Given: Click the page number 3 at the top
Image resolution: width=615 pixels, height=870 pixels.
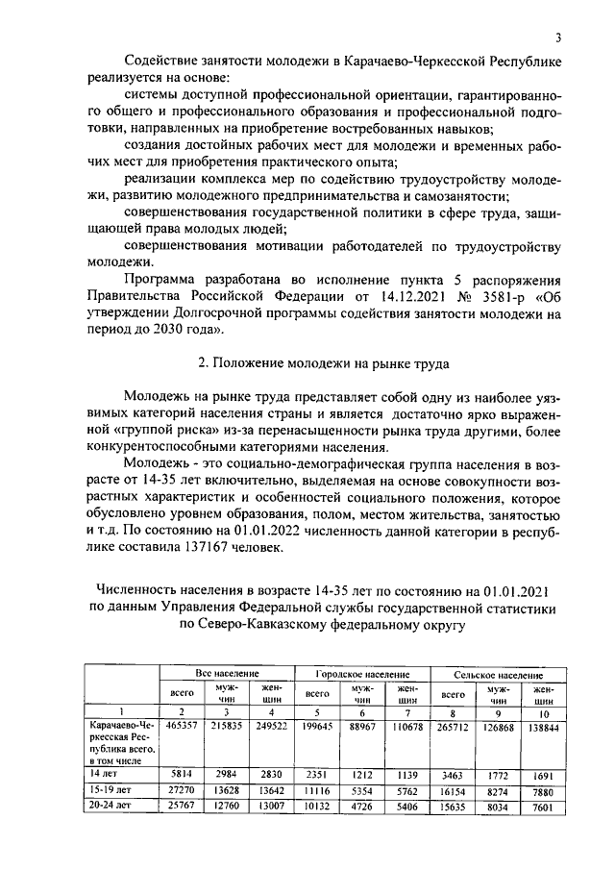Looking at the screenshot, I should (557, 38).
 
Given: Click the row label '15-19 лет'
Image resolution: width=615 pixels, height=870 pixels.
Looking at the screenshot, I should (109, 789).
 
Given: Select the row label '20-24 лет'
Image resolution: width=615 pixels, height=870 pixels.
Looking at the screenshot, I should (109, 808).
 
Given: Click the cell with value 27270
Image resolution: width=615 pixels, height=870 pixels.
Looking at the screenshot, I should (181, 789).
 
